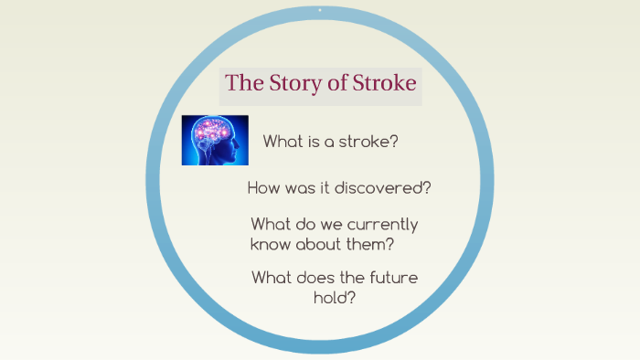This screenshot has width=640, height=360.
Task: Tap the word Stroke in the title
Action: tap(379, 83)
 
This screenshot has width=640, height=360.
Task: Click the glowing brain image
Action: tap(215, 139)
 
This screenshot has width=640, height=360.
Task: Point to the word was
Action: tap(304, 188)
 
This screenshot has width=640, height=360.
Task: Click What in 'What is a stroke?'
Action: tap(283, 142)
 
